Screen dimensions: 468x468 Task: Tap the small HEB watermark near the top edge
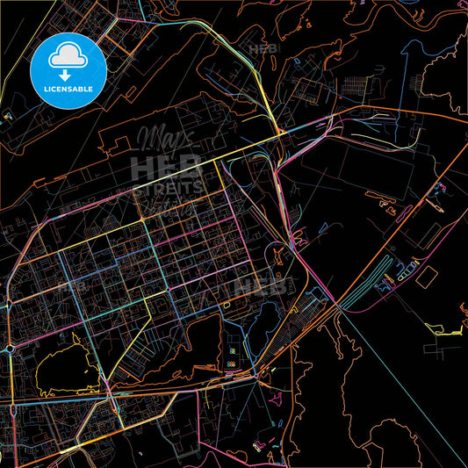click(263, 51)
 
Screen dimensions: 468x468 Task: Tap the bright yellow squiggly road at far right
click(443, 330)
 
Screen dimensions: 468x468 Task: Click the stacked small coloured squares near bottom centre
click(231, 356)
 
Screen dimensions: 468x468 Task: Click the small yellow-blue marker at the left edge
click(8, 115)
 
